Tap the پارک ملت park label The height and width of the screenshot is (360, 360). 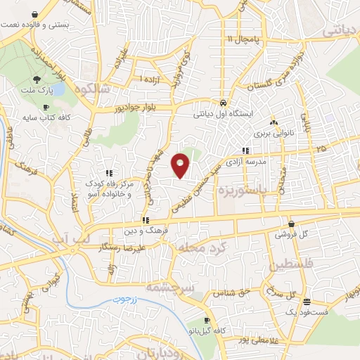37,90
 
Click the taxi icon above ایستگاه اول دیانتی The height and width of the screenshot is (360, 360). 223,101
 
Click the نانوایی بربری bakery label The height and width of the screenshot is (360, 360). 272,132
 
